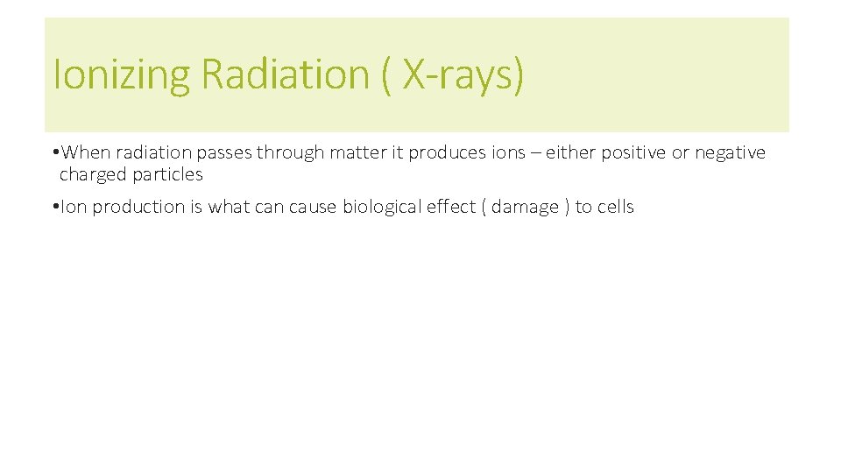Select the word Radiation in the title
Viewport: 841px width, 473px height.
point(286,74)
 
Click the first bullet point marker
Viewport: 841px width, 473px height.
point(55,153)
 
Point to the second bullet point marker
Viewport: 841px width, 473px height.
point(55,208)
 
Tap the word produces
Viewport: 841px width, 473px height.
point(448,153)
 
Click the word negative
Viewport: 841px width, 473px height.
point(730,153)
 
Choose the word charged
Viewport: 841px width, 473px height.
point(93,174)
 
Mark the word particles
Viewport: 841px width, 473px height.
point(167,174)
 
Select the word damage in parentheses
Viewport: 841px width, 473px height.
point(525,208)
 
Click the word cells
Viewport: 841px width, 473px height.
point(615,208)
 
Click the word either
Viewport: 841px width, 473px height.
point(570,153)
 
